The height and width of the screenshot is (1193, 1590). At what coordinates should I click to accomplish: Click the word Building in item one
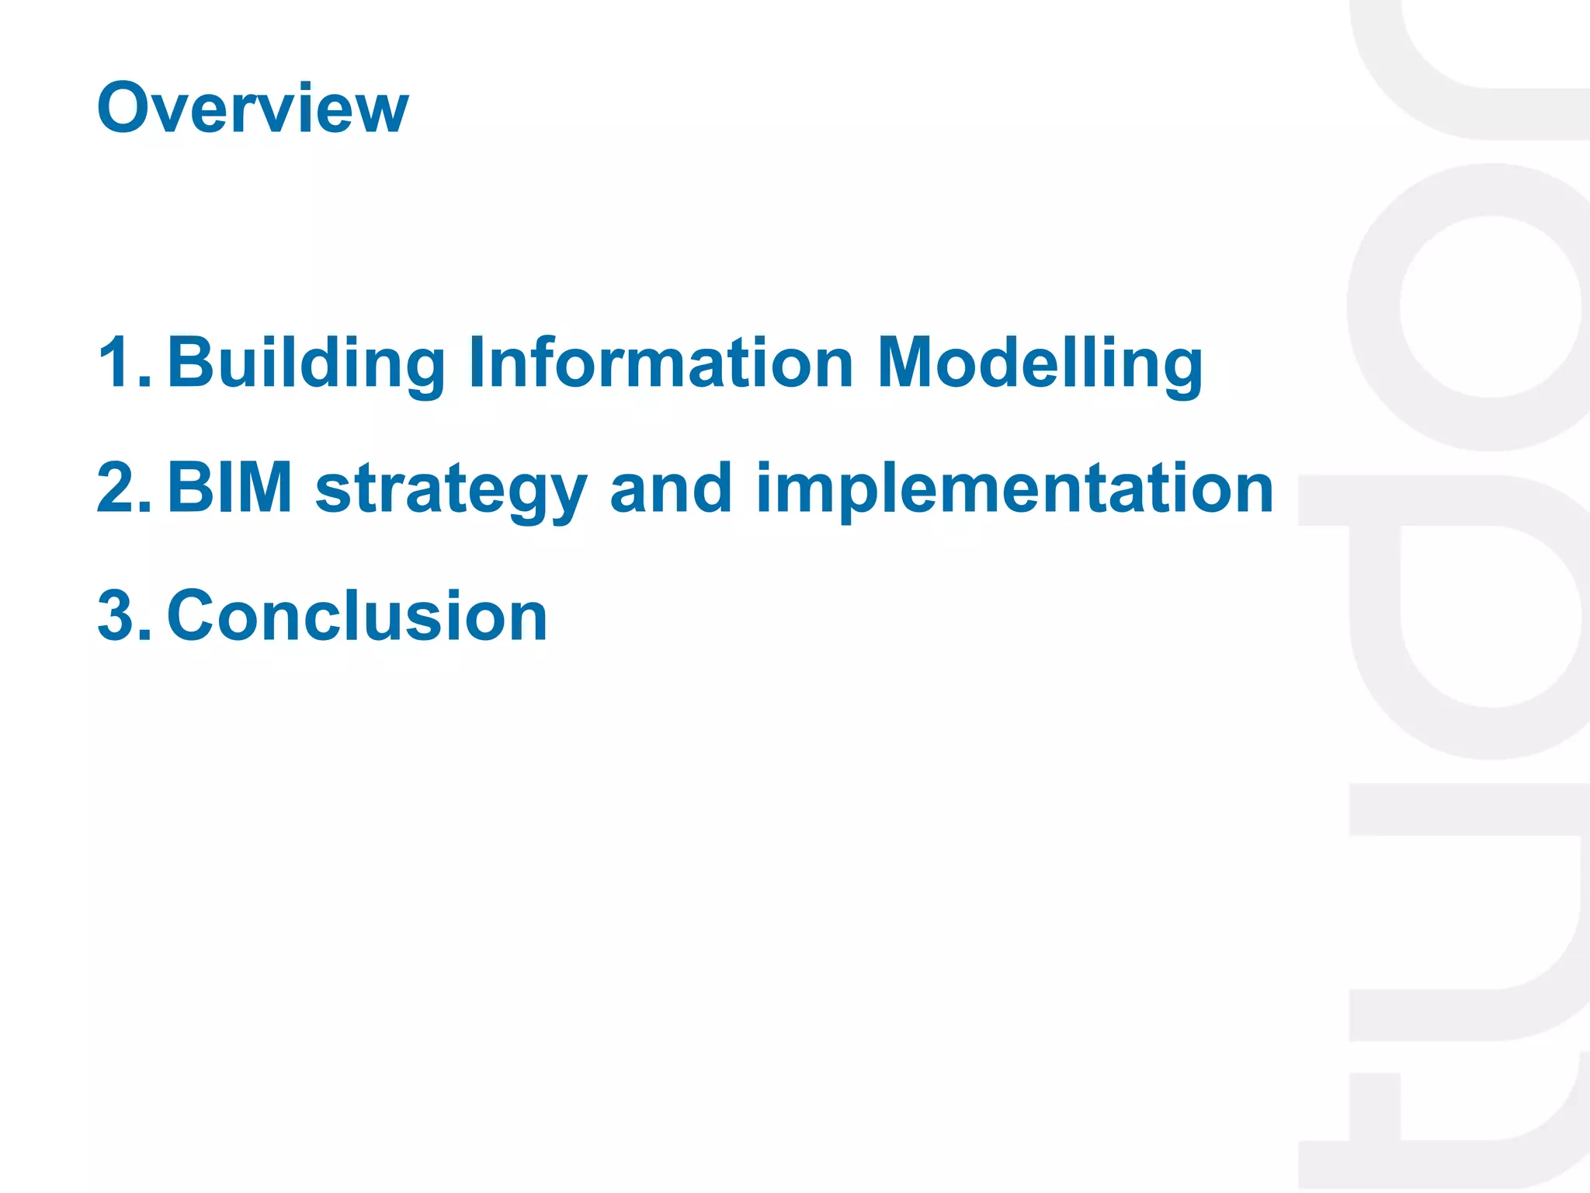[307, 362]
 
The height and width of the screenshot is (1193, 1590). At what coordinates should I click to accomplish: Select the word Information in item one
[661, 362]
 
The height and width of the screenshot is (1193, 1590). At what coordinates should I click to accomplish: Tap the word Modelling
[1040, 362]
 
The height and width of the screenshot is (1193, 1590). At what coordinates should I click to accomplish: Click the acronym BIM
[230, 488]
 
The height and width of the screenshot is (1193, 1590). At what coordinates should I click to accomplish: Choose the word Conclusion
[357, 615]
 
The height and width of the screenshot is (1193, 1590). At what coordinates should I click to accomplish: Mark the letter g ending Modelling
[1180, 370]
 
